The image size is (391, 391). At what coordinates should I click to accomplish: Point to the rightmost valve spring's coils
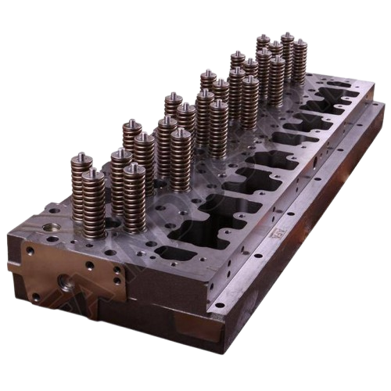[x=300, y=63]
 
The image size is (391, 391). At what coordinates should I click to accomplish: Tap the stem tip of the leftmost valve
[x=81, y=156]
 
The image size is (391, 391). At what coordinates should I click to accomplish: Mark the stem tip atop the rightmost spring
[x=300, y=41]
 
